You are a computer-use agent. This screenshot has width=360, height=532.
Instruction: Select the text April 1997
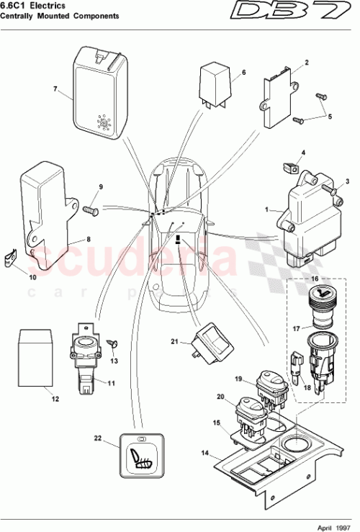(x=334, y=526)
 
